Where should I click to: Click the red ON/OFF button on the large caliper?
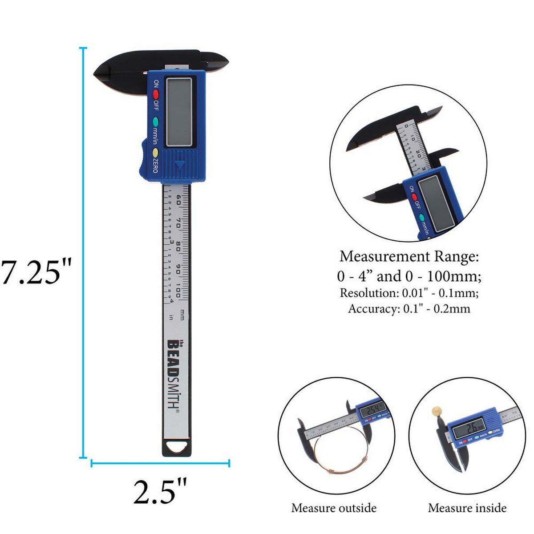156,94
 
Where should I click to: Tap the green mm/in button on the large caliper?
155,121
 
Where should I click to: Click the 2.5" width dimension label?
160,490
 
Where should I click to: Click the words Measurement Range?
409,257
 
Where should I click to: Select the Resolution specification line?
409,293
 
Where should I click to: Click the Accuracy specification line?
409,308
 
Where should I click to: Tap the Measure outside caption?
334,508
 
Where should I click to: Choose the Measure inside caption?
467,508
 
